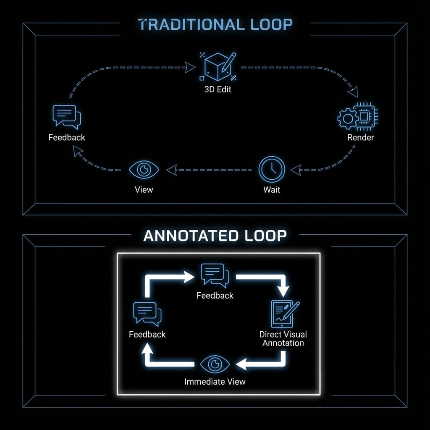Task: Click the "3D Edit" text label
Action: click(218, 89)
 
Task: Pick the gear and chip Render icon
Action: click(357, 117)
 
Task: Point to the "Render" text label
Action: click(360, 137)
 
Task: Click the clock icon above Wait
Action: click(272, 170)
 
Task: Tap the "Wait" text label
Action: click(272, 190)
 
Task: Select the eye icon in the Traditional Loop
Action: click(144, 170)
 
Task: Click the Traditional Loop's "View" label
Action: click(144, 189)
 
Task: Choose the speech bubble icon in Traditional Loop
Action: click(66, 117)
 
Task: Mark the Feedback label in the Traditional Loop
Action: click(66, 137)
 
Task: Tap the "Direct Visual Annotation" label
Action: click(283, 338)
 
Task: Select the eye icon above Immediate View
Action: click(215, 364)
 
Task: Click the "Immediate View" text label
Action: click(215, 382)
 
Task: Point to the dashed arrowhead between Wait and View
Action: click(171, 170)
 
